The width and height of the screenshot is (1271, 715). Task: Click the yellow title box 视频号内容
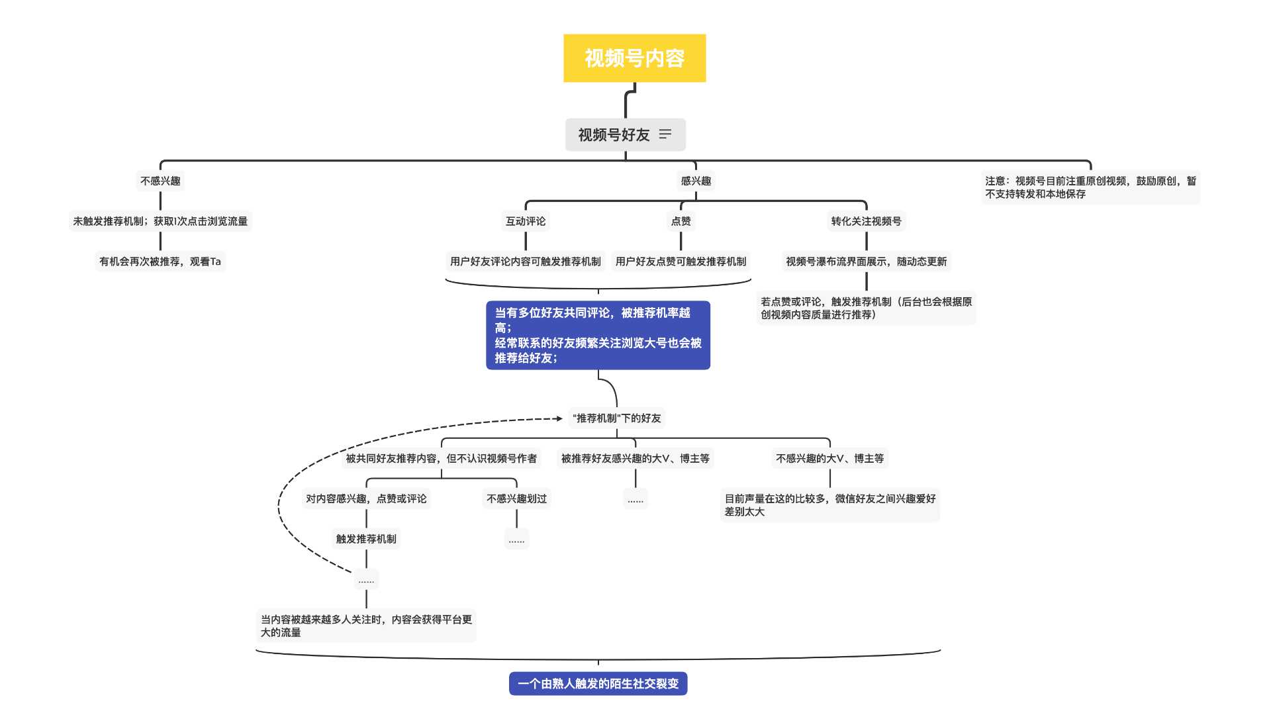click(634, 58)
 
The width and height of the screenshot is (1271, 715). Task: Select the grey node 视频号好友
click(614, 135)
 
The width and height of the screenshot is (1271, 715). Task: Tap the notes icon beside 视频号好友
click(665, 134)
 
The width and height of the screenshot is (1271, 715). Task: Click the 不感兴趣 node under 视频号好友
click(160, 181)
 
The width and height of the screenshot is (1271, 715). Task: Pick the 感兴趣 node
click(696, 181)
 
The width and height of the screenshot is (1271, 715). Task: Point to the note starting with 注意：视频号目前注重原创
click(1090, 187)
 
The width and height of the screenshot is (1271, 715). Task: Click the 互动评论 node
click(526, 221)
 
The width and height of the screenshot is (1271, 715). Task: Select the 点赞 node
click(681, 221)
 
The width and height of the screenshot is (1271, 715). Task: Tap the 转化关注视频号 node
click(866, 221)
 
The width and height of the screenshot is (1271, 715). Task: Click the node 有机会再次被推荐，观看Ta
click(160, 262)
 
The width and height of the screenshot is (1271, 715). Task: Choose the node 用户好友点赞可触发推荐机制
click(681, 262)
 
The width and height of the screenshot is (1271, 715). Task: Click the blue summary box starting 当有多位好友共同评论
click(598, 335)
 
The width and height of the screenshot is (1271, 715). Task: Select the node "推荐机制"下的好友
click(616, 418)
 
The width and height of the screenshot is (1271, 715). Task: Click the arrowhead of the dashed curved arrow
click(559, 418)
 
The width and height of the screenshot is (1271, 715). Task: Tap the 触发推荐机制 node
click(366, 539)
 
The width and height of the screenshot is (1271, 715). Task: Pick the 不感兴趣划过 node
click(516, 499)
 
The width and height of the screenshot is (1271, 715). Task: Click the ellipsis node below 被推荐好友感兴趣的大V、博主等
click(635, 499)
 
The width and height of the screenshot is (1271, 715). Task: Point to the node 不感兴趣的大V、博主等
click(829, 458)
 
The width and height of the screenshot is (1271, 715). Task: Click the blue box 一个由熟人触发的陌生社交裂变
click(598, 684)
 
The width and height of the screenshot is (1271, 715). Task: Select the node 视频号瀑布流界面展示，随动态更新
click(866, 262)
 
